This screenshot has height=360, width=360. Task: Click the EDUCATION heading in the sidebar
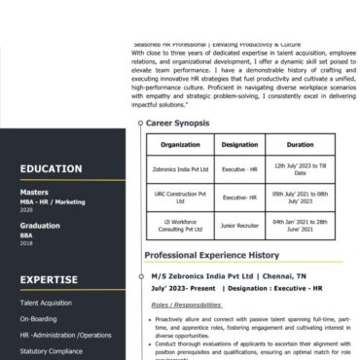pos(51,168)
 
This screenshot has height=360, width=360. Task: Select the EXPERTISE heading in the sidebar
pos(49,278)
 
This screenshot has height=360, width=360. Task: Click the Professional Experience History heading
pos(211,255)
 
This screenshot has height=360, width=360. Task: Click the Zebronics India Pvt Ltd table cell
pos(180,168)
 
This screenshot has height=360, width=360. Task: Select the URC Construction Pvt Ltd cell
pos(180,197)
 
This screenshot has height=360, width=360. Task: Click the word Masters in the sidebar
pos(34,193)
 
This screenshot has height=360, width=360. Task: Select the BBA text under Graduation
pos(26,234)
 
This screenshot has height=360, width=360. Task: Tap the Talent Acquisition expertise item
pos(46,303)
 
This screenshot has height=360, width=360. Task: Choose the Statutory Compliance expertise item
pos(51,350)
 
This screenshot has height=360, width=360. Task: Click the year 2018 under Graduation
pos(26,243)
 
